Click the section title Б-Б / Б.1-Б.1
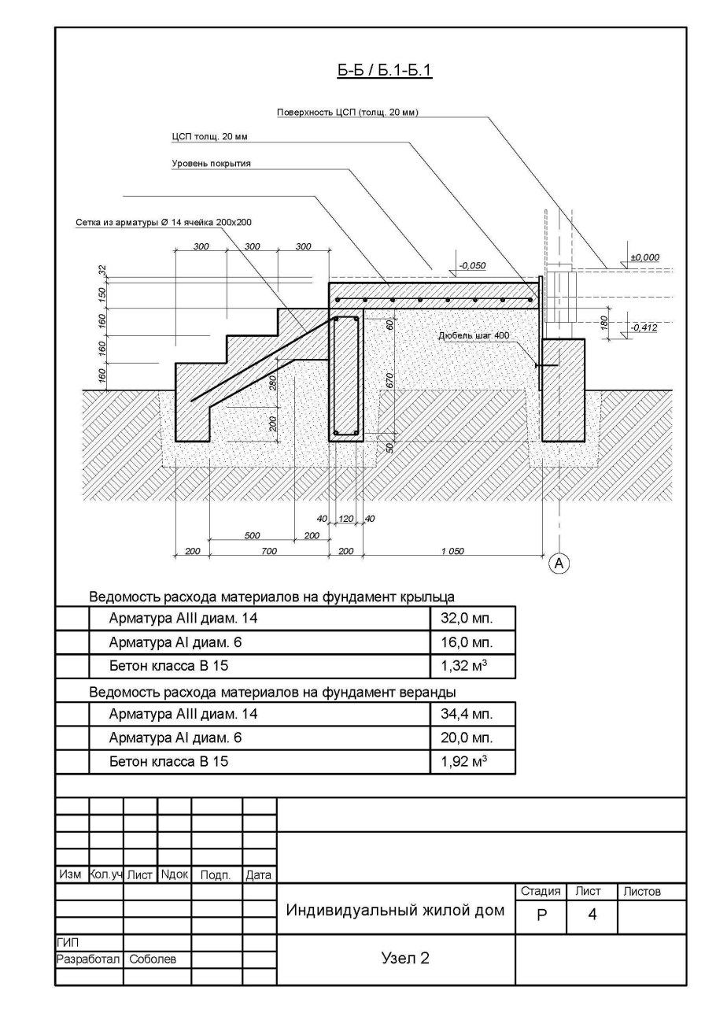[x=386, y=72]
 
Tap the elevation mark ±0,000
[x=645, y=257]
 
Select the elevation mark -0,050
[x=471, y=266]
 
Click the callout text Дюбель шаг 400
[x=474, y=336]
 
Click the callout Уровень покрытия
[x=216, y=164]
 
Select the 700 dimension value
[x=269, y=551]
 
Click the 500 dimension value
[x=252, y=535]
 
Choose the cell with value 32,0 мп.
[x=472, y=618]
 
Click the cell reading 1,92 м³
[x=472, y=762]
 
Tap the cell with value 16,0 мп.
[x=472, y=641]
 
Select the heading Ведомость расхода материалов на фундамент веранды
[x=273, y=692]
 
